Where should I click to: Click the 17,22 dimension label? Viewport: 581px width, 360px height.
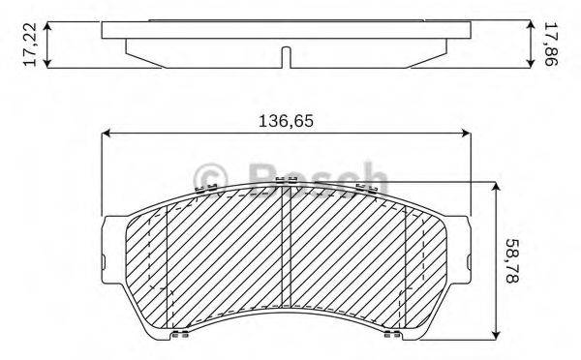[30, 45]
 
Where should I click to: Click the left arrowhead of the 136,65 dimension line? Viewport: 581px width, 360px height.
[107, 134]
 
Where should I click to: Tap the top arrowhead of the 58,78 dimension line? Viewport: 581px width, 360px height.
[496, 185]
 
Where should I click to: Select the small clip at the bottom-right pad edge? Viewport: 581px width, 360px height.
[391, 336]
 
